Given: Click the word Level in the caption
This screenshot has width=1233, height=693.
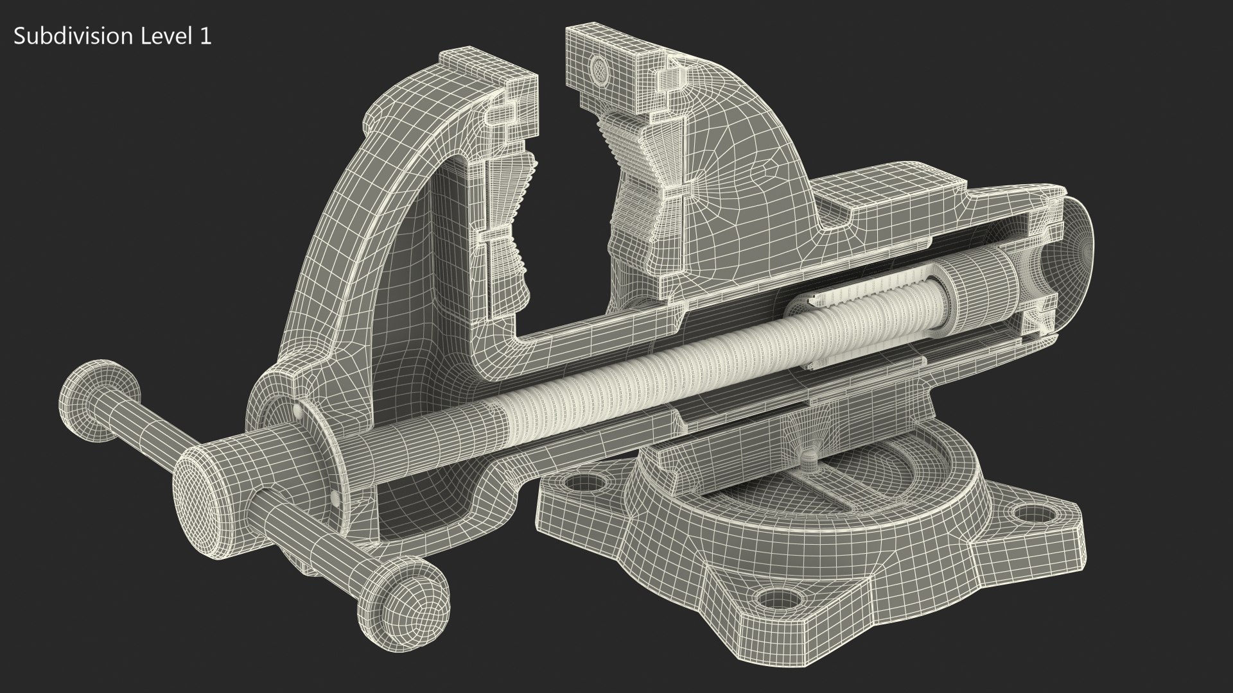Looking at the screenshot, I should [x=158, y=37].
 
